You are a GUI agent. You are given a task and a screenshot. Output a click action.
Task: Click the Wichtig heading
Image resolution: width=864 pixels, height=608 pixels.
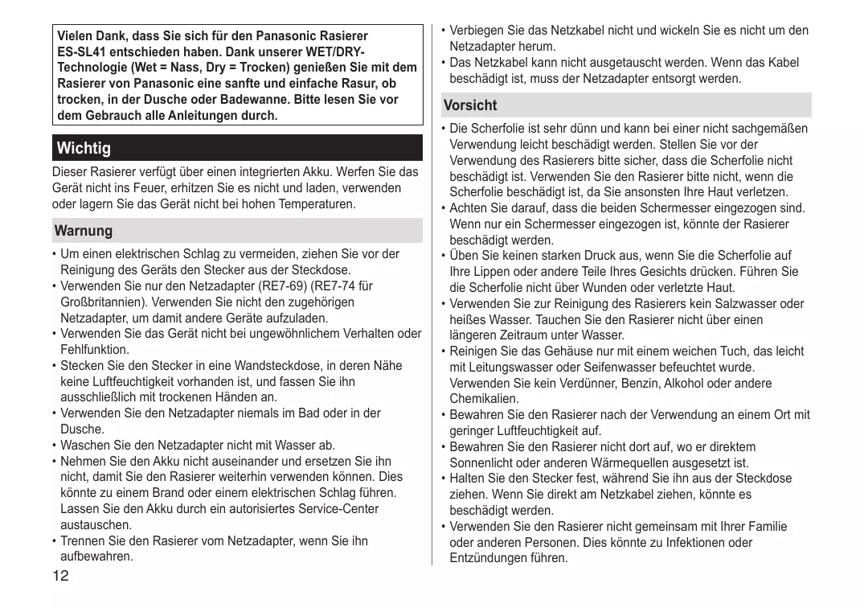84,149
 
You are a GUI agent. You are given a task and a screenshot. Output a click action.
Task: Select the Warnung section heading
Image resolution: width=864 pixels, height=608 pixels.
84,231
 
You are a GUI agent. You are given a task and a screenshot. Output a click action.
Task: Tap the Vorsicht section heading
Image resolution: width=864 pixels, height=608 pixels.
470,105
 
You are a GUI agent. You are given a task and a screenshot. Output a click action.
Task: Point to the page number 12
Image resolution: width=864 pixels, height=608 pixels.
61,576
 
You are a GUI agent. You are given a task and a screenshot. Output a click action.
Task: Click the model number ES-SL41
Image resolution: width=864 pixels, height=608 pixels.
84,51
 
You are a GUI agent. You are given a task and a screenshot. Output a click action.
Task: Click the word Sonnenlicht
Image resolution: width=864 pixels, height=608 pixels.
483,462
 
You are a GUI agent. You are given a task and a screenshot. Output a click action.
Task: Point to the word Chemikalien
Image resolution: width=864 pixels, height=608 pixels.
484,399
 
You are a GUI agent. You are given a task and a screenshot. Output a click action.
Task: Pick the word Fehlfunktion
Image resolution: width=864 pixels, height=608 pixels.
94,350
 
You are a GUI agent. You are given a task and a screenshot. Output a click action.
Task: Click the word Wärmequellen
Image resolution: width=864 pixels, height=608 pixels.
608,462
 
